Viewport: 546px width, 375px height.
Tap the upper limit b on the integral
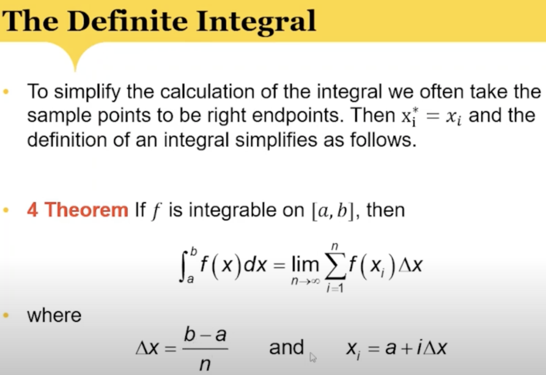point(194,251)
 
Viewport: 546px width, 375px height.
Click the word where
point(54,315)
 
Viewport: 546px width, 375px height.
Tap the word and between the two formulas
point(286,347)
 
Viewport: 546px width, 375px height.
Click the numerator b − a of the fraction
point(205,335)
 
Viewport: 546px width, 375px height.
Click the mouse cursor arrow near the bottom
point(313,357)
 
